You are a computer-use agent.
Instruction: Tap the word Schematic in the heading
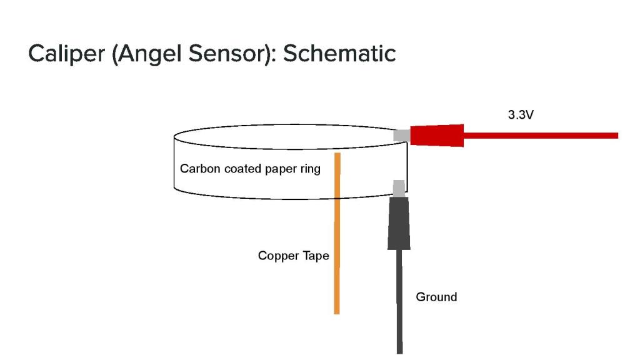coord(339,54)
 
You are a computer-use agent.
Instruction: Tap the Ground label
coord(436,297)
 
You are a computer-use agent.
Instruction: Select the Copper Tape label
coord(293,256)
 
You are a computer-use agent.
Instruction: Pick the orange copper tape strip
coord(337,250)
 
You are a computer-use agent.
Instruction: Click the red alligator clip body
coord(437,135)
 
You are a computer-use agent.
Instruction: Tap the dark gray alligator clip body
coord(398,222)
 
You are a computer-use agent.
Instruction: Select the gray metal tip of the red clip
coord(401,135)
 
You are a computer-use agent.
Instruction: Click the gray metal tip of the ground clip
coord(398,187)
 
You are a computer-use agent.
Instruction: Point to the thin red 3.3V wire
coord(544,135)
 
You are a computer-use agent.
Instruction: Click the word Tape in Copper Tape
coord(317,256)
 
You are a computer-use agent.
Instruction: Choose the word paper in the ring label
coord(282,169)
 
